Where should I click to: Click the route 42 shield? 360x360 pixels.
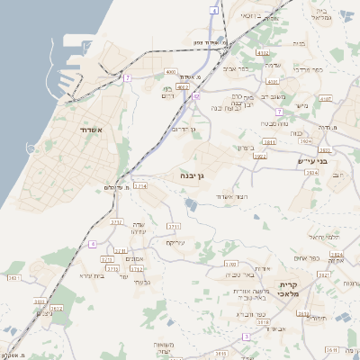pyautogui.click(x=196, y=95)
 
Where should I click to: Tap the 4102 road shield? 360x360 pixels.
pyautogui.click(x=263, y=54)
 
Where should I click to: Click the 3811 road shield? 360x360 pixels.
pyautogui.click(x=269, y=141)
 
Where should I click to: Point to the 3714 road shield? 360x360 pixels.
pyautogui.click(x=139, y=185)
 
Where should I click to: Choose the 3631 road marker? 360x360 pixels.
pyautogui.click(x=14, y=277)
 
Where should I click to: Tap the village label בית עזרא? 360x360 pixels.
pyautogui.click(x=93, y=275)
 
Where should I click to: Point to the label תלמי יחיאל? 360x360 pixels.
pyautogui.click(x=321, y=236)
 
